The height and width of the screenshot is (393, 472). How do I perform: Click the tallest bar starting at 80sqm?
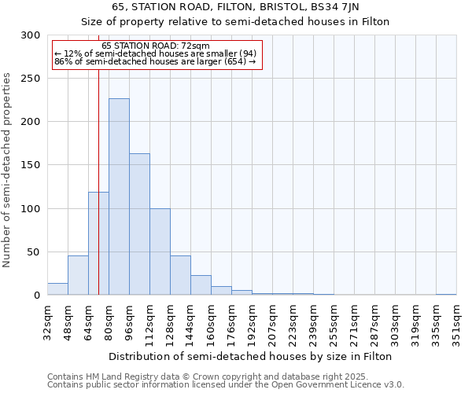119,196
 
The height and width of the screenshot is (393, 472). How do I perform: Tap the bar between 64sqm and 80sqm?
98,244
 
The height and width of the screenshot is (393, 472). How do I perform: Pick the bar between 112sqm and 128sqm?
160,252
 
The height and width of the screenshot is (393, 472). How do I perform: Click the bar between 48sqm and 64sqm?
78,275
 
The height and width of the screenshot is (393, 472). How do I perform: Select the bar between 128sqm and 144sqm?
180,275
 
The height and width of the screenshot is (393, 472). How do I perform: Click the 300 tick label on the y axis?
31,35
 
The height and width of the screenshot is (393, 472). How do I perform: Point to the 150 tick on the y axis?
31,165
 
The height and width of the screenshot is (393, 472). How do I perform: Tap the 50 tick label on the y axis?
34,252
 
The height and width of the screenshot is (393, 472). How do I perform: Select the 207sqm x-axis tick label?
272,324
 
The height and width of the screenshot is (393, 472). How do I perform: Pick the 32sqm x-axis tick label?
47,324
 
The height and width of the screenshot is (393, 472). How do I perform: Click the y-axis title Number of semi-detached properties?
7,169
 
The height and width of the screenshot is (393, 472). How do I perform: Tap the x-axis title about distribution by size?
250,356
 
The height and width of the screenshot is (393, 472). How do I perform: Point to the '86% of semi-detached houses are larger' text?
155,61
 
